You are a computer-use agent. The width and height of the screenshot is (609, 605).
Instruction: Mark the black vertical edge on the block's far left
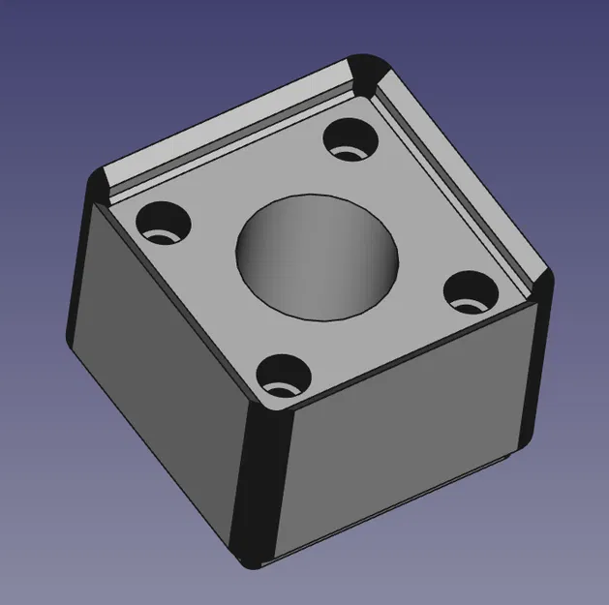[x=77, y=290]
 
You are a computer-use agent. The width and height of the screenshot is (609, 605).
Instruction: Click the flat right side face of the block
[x=407, y=426]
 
